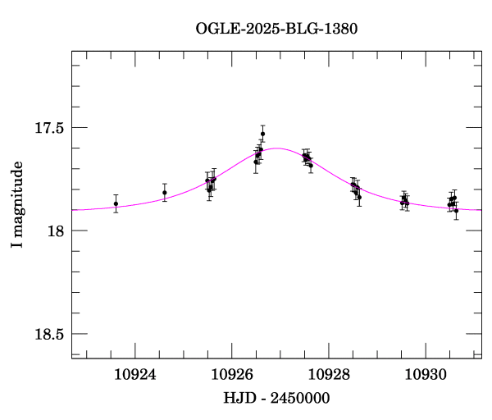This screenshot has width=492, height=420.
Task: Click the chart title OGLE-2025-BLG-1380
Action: point(276,28)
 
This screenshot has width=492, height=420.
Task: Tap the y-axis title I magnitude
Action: point(16,205)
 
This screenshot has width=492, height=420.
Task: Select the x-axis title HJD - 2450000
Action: point(276,398)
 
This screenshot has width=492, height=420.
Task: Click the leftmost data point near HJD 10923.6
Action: point(116,203)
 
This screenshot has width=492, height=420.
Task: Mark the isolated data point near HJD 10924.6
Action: point(165,193)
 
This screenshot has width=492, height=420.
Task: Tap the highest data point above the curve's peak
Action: point(263,134)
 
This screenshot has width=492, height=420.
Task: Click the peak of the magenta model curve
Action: point(276,148)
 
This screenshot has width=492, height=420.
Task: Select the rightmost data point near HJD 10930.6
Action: point(457,211)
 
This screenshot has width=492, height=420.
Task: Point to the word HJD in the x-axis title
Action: point(239,398)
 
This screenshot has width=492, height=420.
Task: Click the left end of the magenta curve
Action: point(73,210)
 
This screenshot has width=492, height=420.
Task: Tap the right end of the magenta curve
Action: point(481,209)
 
